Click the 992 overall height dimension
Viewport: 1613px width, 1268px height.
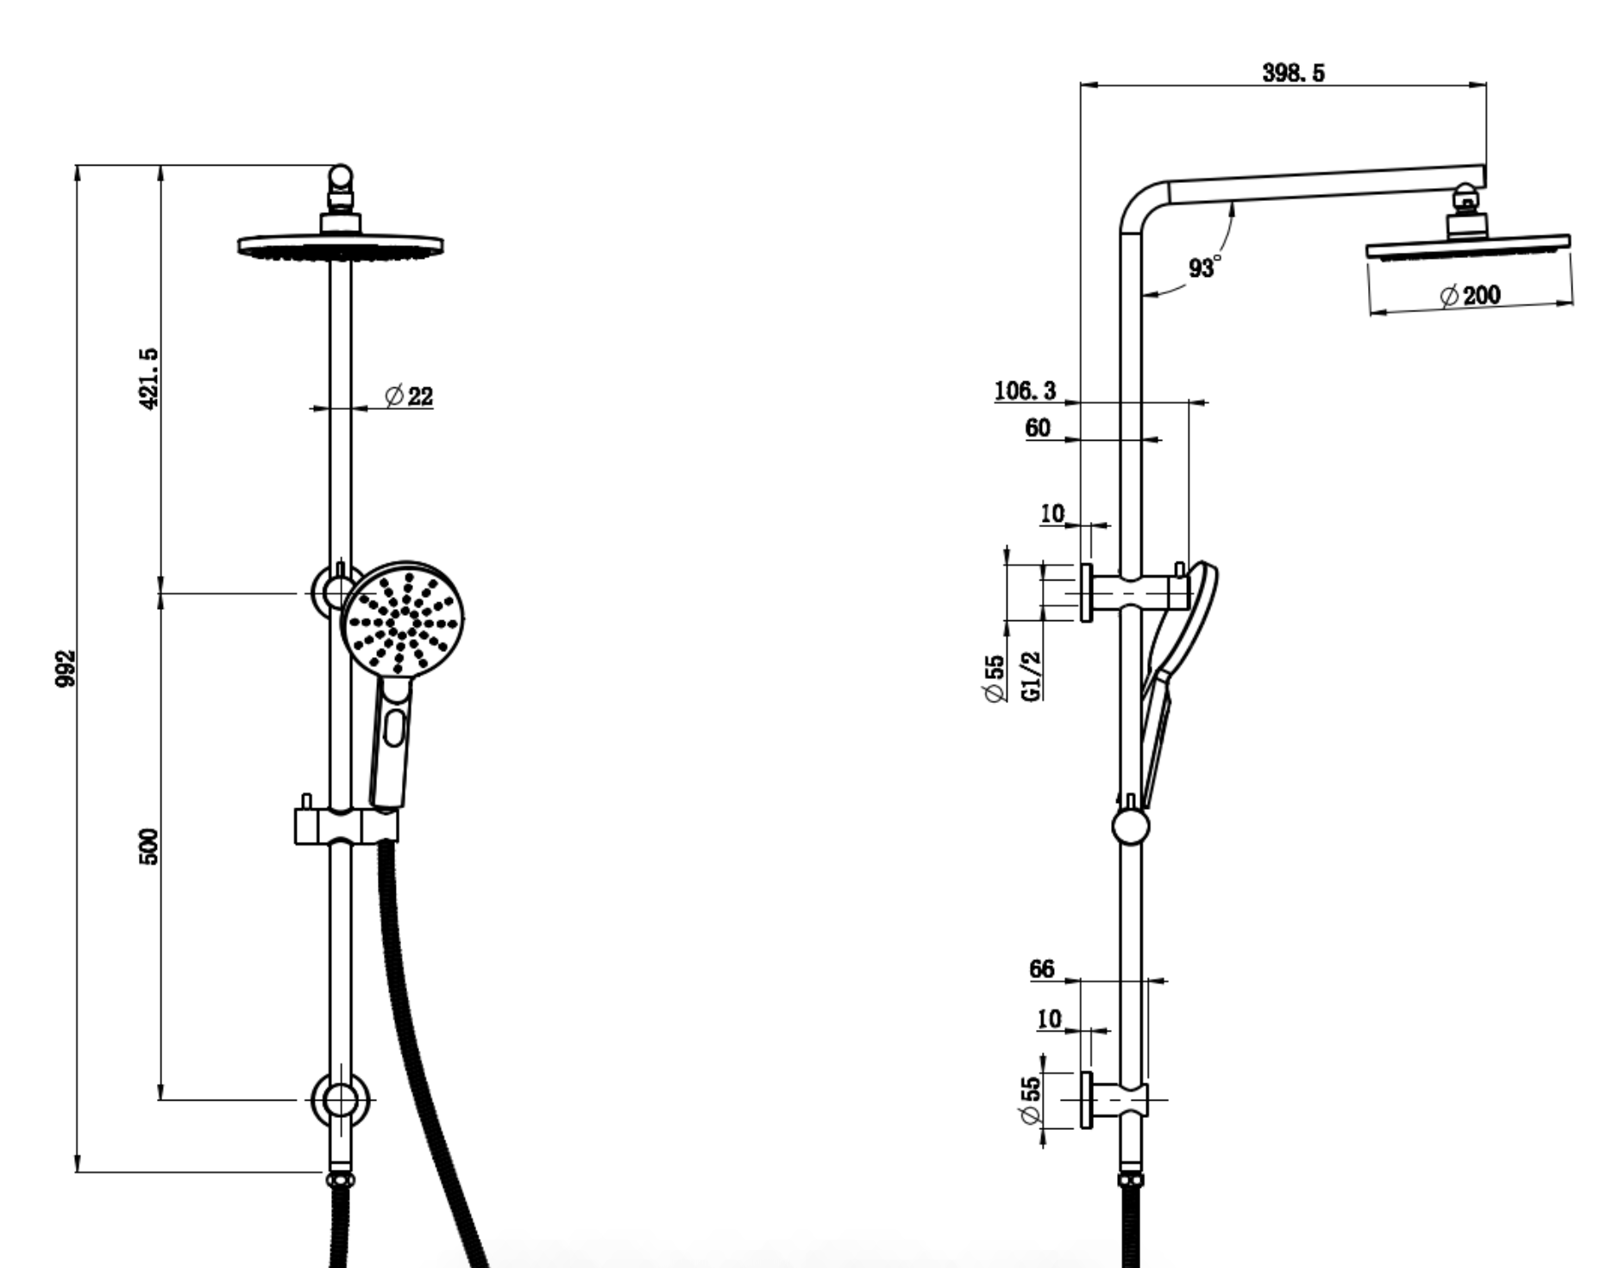click(x=66, y=669)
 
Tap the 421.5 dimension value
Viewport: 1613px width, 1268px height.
click(x=148, y=378)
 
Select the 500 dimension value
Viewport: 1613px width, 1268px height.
click(x=148, y=846)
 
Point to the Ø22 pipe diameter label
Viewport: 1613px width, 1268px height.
click(x=409, y=396)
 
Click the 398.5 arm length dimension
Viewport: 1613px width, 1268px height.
click(x=1294, y=73)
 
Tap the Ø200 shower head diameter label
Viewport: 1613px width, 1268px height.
click(x=1471, y=295)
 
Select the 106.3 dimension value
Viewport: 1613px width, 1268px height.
click(x=1025, y=391)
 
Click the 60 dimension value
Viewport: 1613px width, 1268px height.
click(x=1038, y=428)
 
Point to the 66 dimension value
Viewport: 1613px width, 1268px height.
click(x=1042, y=970)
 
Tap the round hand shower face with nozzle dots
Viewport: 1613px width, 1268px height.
click(x=403, y=621)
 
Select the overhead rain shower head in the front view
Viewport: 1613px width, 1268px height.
click(x=341, y=246)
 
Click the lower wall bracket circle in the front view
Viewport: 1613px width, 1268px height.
click(x=341, y=1100)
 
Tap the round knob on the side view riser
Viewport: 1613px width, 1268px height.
click(x=1131, y=826)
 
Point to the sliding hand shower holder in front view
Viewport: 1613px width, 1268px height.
click(x=347, y=825)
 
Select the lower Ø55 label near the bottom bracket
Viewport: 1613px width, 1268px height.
click(x=1030, y=1100)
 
